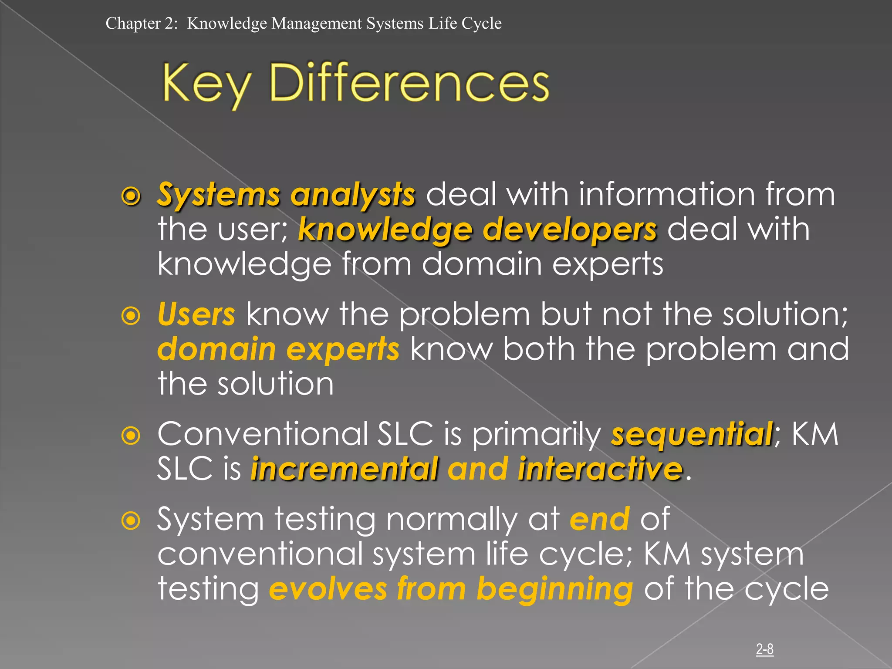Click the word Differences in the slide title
pos(409,83)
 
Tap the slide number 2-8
pos(764,649)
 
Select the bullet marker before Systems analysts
pos(131,196)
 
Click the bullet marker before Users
pos(131,316)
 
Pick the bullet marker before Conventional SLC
pos(131,436)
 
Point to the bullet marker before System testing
pos(131,521)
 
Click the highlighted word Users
pos(196,314)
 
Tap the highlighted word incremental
pos(344,469)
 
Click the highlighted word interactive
pos(600,469)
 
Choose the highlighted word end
pos(600,519)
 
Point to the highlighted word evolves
pos(328,589)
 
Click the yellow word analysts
pos(353,195)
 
